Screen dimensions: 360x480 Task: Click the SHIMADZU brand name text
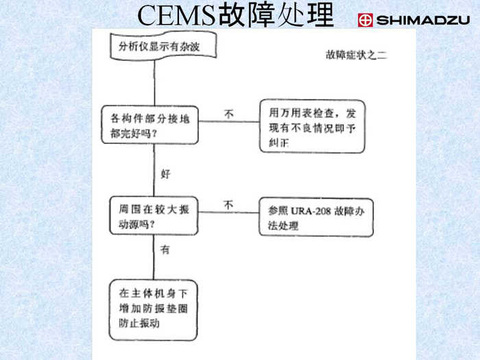coord(424,21)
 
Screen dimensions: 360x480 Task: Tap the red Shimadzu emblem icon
coord(365,21)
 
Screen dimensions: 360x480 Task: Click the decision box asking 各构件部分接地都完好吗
coord(149,125)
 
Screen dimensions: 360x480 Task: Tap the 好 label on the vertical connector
coord(165,173)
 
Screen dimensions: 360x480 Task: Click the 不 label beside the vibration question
coord(228,205)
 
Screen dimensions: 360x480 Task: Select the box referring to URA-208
coord(316,217)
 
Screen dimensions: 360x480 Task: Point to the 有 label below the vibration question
coord(165,251)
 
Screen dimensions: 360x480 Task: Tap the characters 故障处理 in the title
coord(276,16)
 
